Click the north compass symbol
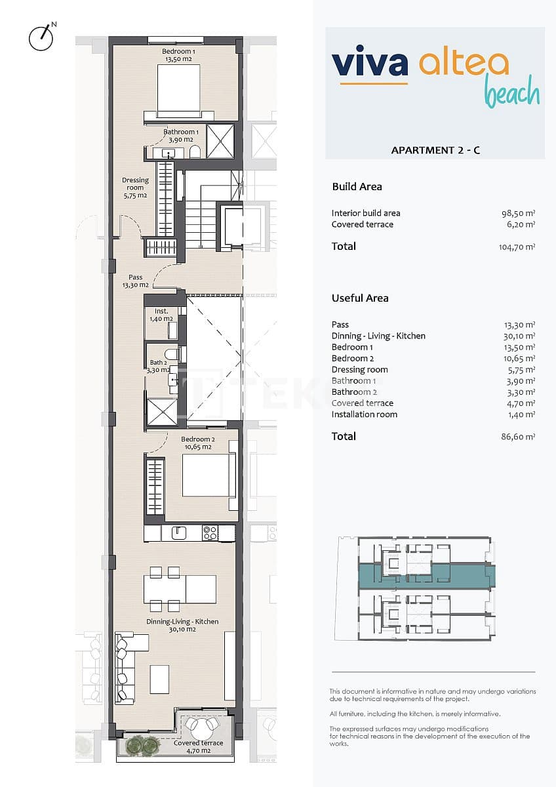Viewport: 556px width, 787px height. coord(41,38)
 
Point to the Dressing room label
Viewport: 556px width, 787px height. coord(135,188)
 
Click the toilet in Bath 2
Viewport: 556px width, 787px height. coord(171,355)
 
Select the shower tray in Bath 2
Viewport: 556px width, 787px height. coord(161,412)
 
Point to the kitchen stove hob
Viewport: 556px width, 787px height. coord(210,533)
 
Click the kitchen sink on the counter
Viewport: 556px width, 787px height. coord(178,533)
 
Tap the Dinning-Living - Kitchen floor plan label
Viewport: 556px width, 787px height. coord(183,625)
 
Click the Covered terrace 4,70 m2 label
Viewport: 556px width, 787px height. coord(198,746)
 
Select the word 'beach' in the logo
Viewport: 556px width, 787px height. coord(511,93)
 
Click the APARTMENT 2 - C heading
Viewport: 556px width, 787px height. coord(435,150)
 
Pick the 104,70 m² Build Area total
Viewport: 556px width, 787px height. coord(517,247)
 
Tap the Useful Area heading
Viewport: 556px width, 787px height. coord(360,298)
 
